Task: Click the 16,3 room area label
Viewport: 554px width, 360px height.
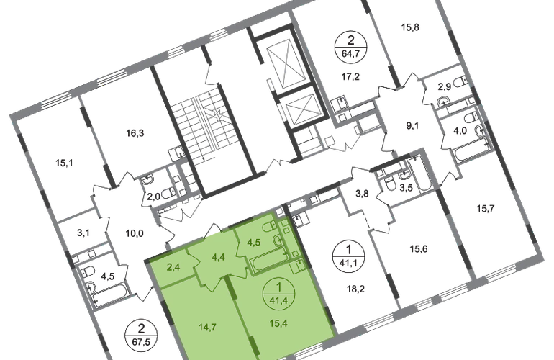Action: coord(135,133)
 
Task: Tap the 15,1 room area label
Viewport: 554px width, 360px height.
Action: coord(64,163)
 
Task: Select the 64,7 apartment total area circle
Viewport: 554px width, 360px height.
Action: coord(351,47)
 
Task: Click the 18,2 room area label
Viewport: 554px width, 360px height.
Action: coord(355,289)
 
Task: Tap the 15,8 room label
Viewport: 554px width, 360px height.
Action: coord(410,27)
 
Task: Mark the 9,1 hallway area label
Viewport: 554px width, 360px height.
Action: coord(412,125)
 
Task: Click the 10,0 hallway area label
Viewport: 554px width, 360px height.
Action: coord(135,233)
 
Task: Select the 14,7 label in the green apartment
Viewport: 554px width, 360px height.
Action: coord(207,328)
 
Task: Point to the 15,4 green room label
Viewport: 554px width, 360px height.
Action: coord(278,323)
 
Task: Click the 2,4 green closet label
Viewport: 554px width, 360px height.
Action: coord(173,266)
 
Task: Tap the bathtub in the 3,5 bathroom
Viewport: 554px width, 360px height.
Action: coord(419,174)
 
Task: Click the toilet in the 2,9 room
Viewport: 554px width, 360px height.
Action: coord(460,82)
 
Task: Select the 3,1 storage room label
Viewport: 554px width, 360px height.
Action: coord(83,233)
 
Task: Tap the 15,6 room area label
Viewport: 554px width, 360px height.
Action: coord(418,249)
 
